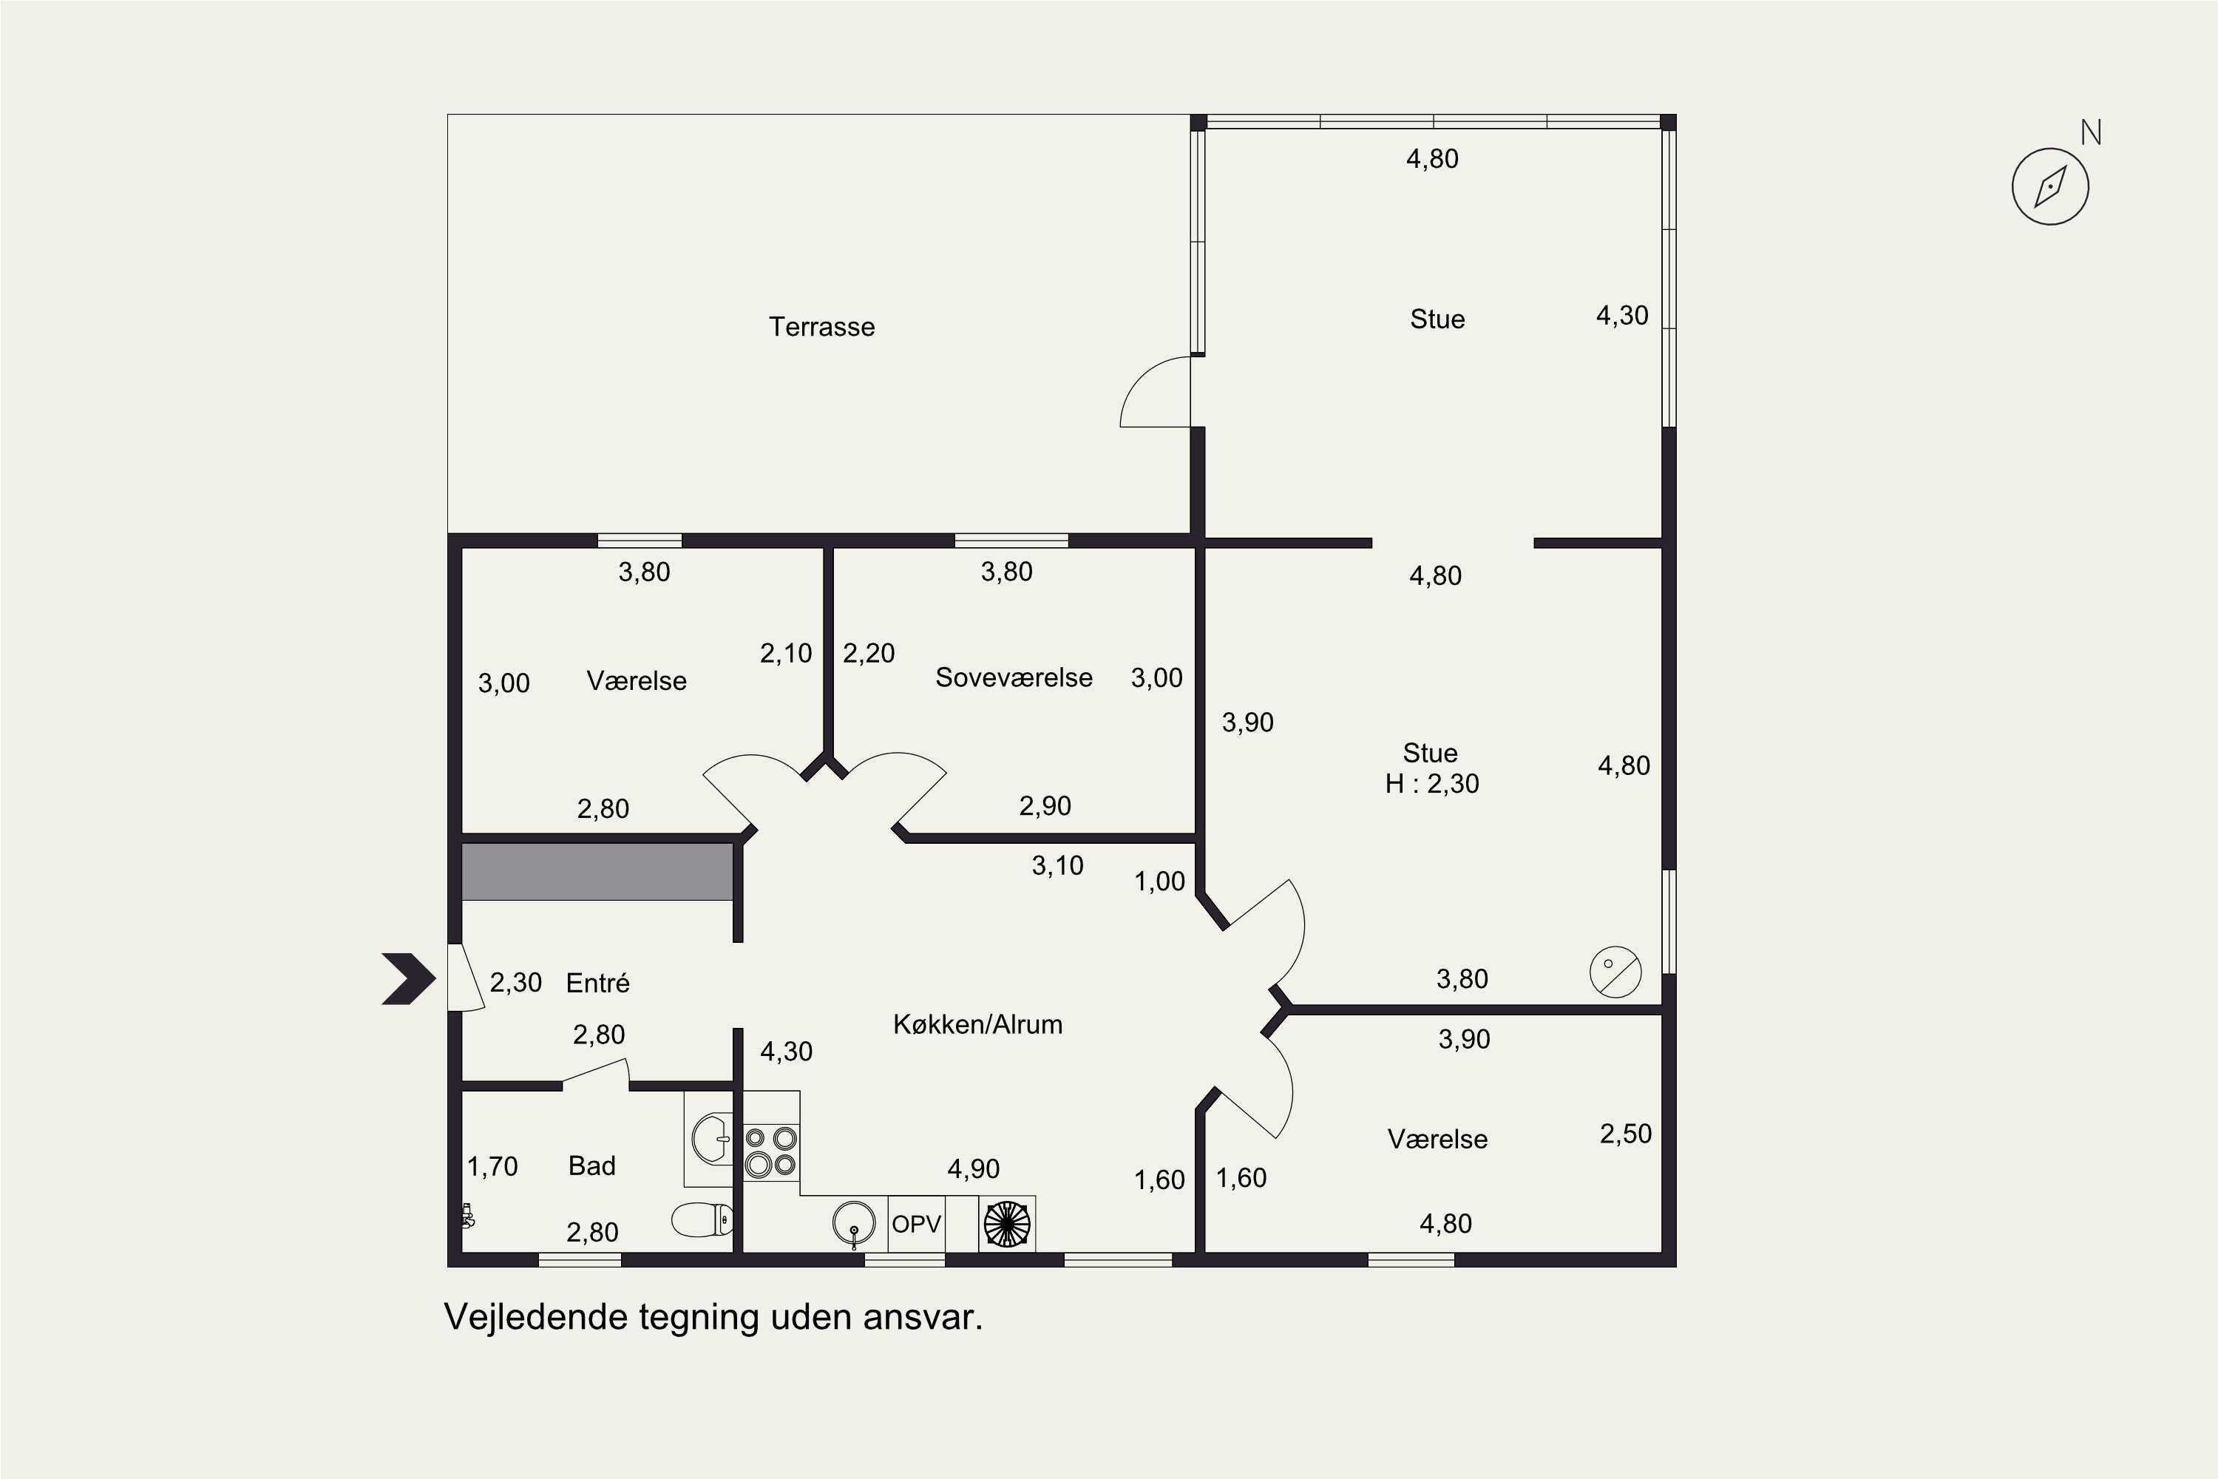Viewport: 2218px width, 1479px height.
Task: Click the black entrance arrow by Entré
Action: pos(408,979)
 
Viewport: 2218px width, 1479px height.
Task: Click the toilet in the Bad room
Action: pos(702,1219)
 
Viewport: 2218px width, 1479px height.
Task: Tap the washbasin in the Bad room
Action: pos(710,1140)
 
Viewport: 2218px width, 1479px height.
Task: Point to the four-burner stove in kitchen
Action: pos(771,1151)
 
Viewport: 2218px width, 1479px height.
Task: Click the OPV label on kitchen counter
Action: pos(916,1225)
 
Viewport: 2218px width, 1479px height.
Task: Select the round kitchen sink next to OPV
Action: pos(853,1225)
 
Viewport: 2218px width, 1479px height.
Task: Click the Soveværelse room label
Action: pos(1014,677)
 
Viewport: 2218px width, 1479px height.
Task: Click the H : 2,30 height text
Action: pos(1431,784)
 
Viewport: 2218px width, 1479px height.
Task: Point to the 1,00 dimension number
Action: pos(1159,882)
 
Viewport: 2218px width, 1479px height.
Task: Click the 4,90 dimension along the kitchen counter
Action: pos(973,1168)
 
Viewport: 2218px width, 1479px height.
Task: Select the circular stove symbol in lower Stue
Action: pos(1615,972)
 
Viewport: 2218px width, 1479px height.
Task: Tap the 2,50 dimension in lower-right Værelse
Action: pos(1625,1134)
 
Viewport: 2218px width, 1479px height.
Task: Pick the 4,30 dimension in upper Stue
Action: pos(1622,316)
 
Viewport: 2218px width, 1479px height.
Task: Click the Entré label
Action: pos(598,984)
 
